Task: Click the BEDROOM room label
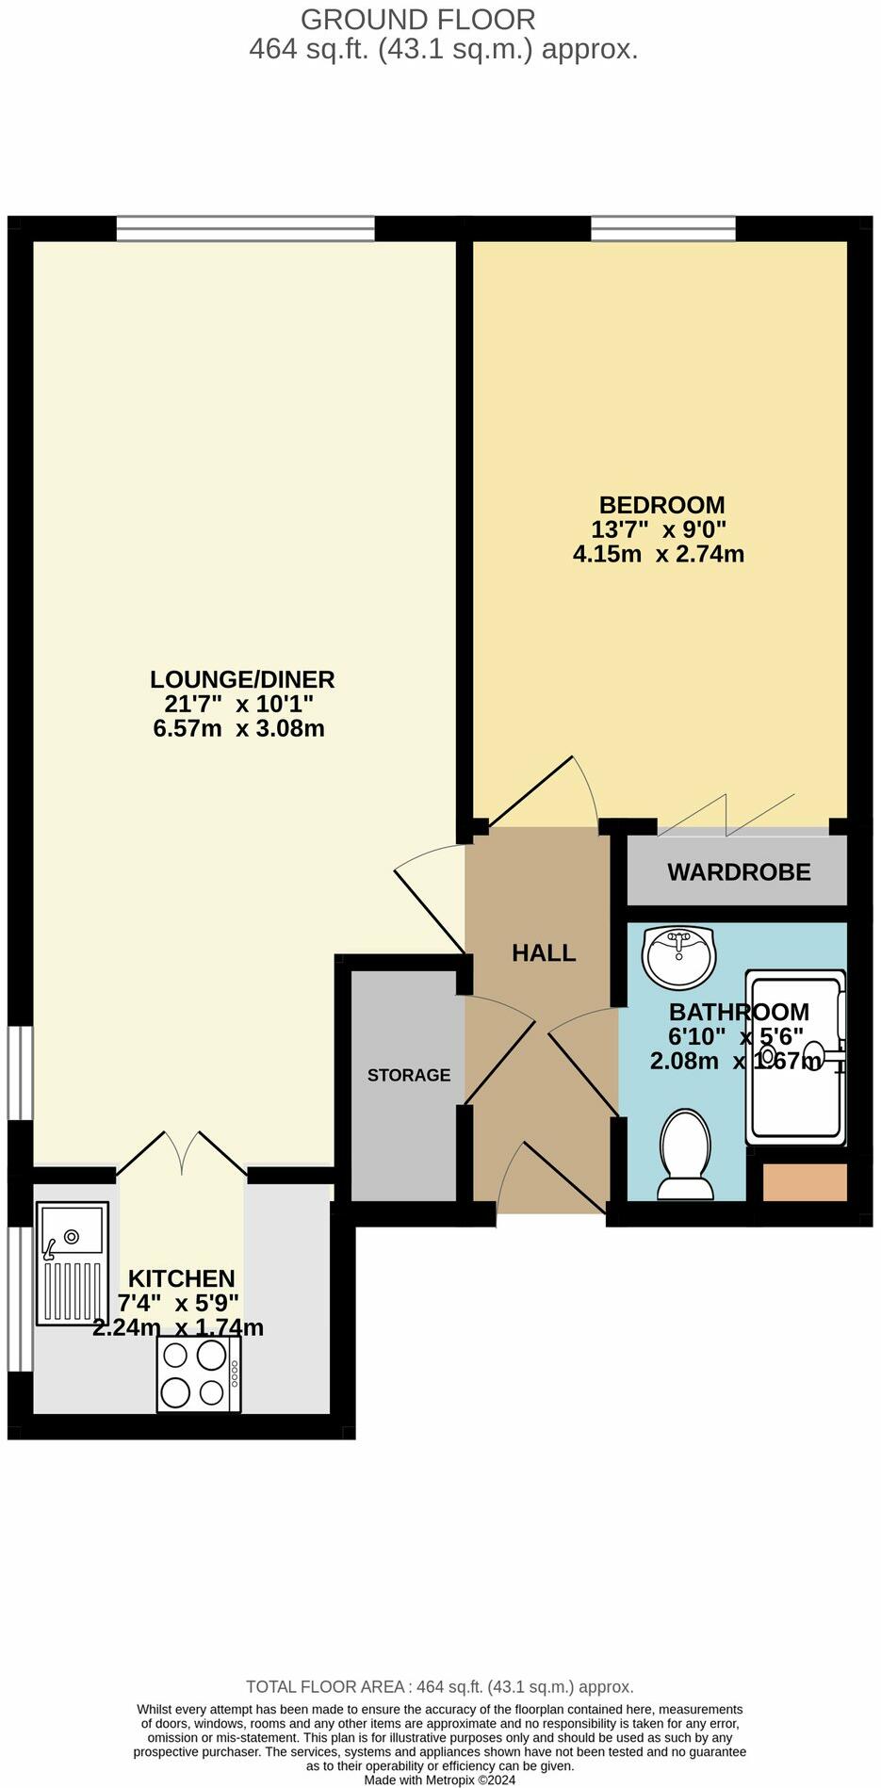pos(661,505)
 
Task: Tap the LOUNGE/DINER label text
pos(242,679)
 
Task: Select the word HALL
pos(544,952)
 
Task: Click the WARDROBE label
pos(739,872)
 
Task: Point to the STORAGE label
pos(409,1075)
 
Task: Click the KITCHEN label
pos(181,1278)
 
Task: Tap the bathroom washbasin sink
pos(678,956)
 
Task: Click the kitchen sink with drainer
pos(72,1263)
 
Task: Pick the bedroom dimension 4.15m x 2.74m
pos(659,554)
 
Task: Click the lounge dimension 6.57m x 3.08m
pos(238,728)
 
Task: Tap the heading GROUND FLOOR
pos(417,19)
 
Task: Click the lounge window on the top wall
pos(245,228)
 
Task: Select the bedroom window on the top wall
pos(662,228)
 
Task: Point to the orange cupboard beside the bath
pos(804,1182)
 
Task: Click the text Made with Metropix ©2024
pos(440,1780)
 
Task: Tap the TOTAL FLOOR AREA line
pos(440,1687)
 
